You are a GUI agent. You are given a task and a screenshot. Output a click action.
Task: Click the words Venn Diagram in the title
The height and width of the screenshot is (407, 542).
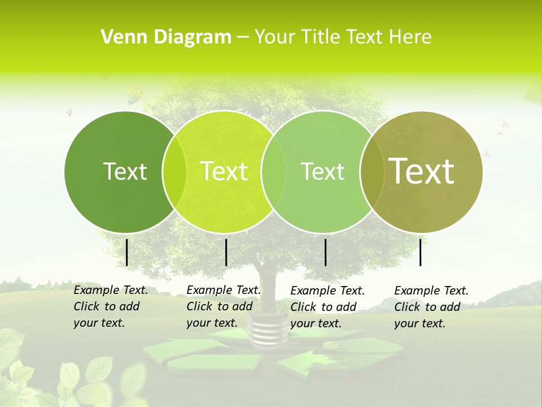(x=166, y=37)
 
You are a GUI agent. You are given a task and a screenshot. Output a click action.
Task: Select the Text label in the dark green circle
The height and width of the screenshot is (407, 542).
(x=125, y=171)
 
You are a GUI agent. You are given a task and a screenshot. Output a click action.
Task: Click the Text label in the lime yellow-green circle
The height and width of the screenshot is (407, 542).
(x=224, y=171)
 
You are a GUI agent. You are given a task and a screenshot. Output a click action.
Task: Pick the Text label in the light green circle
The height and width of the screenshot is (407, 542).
(x=322, y=171)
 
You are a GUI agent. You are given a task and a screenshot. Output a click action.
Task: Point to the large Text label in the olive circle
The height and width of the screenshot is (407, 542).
(x=422, y=171)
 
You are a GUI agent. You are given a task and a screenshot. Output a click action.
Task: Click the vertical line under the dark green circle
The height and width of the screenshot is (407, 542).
(x=127, y=252)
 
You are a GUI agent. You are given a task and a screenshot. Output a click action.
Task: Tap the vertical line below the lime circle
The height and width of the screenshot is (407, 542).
(x=226, y=252)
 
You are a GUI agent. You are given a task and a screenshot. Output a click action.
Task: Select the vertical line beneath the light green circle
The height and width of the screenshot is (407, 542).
(x=326, y=252)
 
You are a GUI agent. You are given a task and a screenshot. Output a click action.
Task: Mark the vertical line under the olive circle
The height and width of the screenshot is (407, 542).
(x=421, y=252)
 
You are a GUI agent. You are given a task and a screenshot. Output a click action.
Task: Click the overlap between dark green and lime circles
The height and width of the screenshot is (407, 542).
(x=174, y=171)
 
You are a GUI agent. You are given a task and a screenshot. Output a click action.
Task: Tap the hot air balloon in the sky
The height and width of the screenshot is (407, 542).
(x=134, y=96)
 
